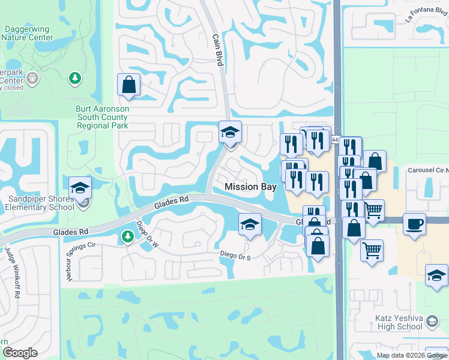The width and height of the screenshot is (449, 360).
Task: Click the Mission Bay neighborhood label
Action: click(250, 187)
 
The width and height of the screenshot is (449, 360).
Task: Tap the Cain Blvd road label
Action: click(217, 46)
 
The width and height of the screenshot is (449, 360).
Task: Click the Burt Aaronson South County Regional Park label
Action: click(102, 118)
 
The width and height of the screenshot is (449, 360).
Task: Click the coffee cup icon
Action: click(414, 224)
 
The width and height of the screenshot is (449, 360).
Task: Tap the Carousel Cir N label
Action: click(427, 170)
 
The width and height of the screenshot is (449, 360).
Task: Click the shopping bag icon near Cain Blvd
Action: click(128, 85)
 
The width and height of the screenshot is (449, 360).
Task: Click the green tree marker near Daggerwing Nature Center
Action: click(74, 79)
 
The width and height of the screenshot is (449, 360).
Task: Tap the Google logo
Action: click(20, 353)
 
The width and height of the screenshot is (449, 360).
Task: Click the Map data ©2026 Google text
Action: click(411, 355)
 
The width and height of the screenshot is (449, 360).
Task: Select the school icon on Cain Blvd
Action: click(229, 133)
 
